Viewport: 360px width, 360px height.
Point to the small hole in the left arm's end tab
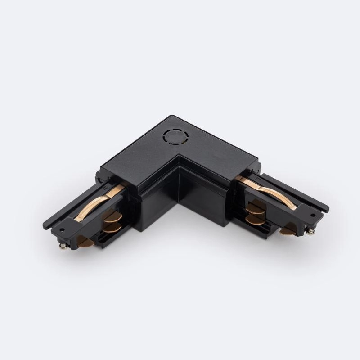pyautogui.click(x=62, y=229)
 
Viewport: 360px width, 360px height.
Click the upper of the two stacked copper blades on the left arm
pyautogui.click(x=112, y=215)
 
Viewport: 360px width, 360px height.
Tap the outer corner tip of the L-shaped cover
pyautogui.click(x=170, y=117)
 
